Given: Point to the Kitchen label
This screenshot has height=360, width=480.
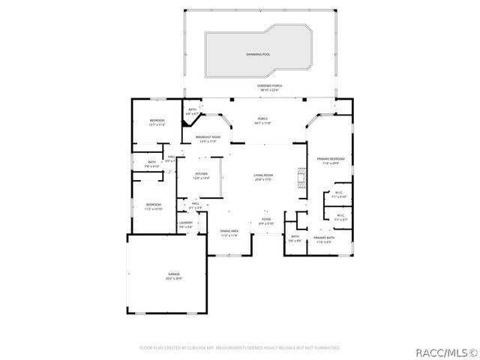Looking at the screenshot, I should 201,175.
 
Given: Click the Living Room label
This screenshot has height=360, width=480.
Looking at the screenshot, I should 263,177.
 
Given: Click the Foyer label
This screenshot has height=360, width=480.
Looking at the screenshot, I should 266,221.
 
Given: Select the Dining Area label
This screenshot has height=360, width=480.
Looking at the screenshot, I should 229,232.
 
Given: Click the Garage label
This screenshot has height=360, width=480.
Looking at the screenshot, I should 174,276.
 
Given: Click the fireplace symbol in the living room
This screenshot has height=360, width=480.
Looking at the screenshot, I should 301,177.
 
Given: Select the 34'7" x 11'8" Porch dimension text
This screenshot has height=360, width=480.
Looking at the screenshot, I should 262,123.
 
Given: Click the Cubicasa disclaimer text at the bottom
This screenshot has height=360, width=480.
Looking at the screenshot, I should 240,348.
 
